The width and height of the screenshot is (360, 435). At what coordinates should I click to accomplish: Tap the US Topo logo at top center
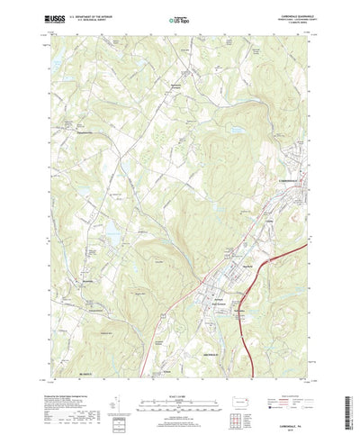[x=179, y=17]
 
